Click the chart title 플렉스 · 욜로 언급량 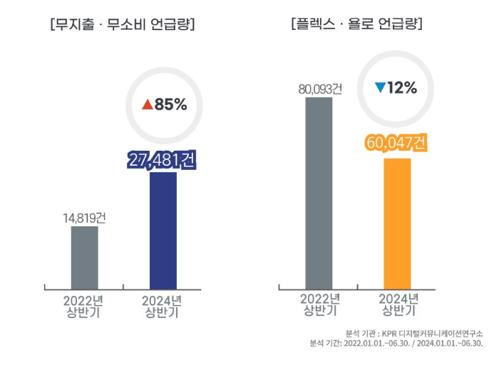coord(357,24)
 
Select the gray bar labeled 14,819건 coord(85,257)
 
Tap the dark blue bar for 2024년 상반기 coord(163,230)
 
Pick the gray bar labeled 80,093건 coord(319,193)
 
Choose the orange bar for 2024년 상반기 coord(397,223)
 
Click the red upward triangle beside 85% coord(148,105)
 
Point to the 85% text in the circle coord(170,105)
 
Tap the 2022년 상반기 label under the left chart coord(84,306)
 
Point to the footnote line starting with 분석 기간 coord(396,344)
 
